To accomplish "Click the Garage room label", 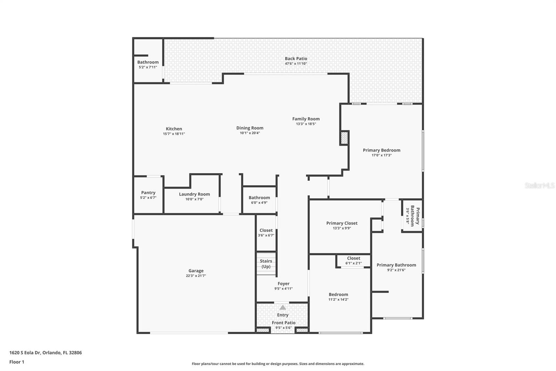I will click(x=196, y=271).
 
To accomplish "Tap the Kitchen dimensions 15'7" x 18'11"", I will click(x=174, y=134).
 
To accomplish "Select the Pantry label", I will click(x=148, y=192).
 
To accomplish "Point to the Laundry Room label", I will click(x=194, y=194).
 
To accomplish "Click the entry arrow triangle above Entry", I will click(x=283, y=307).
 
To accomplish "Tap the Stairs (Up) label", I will click(x=266, y=264).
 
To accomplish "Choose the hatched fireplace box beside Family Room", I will click(x=344, y=138).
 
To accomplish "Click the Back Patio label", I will click(x=296, y=58).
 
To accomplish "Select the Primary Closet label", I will click(x=342, y=223).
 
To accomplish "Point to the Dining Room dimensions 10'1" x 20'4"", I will click(x=250, y=133).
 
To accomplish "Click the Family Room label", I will click(x=306, y=119).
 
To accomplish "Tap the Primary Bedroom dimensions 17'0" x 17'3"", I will click(x=381, y=155).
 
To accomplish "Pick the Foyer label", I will click(x=283, y=284).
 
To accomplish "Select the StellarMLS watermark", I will click(x=539, y=185).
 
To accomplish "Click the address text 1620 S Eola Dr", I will click(x=25, y=353).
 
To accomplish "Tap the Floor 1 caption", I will click(x=17, y=362).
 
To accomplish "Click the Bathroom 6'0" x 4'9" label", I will click(x=259, y=198).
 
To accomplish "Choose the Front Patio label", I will click(x=284, y=323).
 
